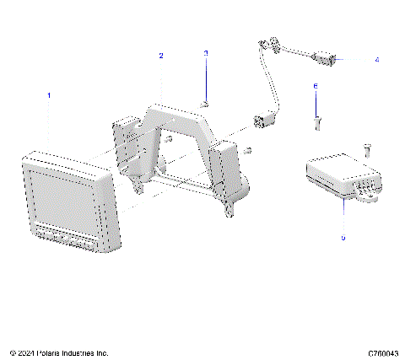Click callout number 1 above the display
(x=49, y=95)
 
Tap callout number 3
(x=206, y=53)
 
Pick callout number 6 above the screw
(x=316, y=86)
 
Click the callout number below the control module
(x=343, y=239)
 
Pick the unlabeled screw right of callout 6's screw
(x=368, y=149)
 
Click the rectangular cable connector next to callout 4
(x=327, y=60)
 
